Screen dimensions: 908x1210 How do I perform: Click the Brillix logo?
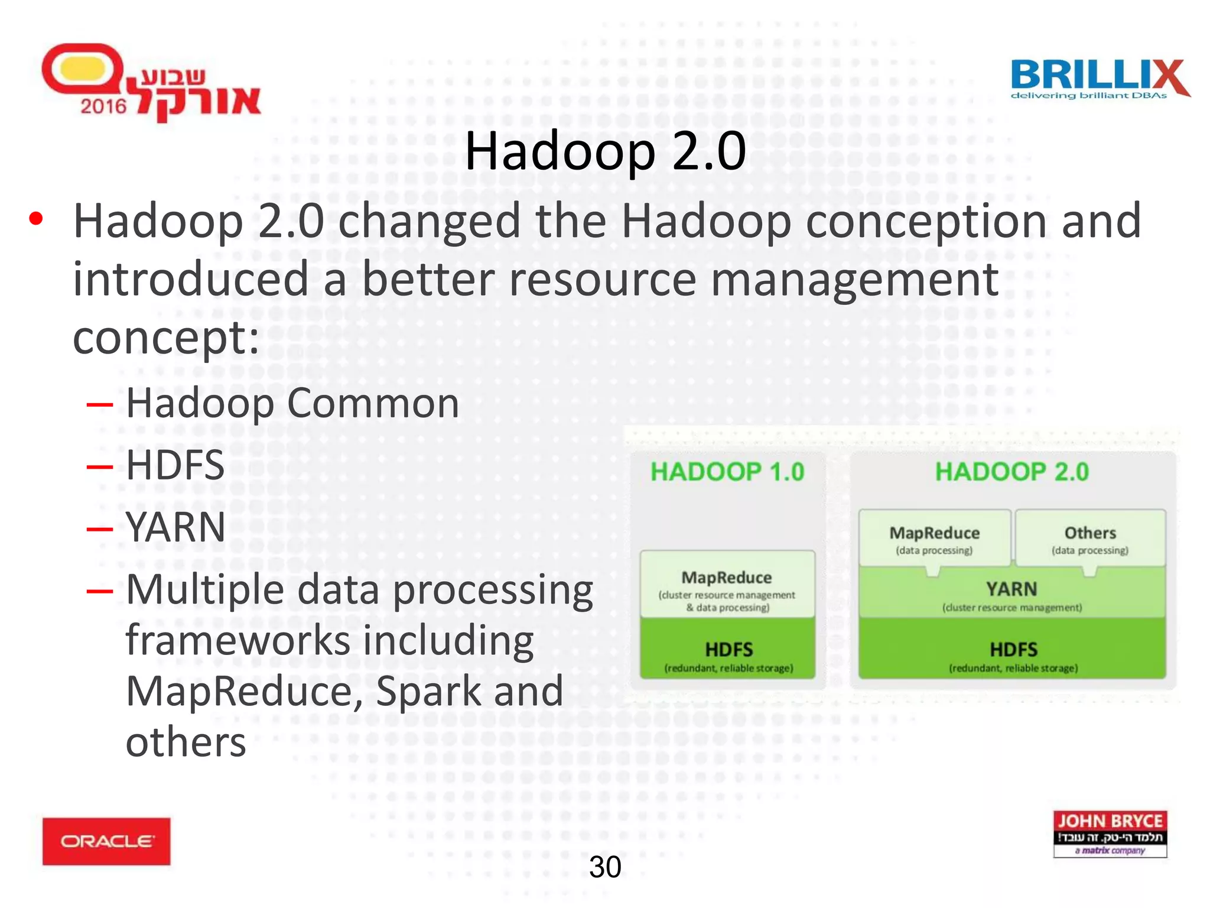[1099, 78]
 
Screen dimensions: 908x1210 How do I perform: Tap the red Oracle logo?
[106, 841]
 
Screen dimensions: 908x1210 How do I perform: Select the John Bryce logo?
[1110, 834]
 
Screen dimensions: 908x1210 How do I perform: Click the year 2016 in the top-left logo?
[103, 106]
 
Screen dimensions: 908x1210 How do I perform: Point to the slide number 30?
[605, 867]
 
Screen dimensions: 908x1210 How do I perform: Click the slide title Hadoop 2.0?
[605, 151]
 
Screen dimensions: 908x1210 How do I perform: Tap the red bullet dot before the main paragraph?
[36, 219]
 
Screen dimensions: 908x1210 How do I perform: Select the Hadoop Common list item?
[292, 403]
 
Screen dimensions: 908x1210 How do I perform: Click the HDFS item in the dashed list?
[175, 465]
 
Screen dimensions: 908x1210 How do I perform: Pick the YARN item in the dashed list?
[175, 527]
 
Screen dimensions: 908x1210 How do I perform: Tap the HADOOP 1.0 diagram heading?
[727, 472]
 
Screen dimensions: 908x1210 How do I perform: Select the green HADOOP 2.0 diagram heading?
[1011, 472]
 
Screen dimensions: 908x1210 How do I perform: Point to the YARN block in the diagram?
[1011, 594]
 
